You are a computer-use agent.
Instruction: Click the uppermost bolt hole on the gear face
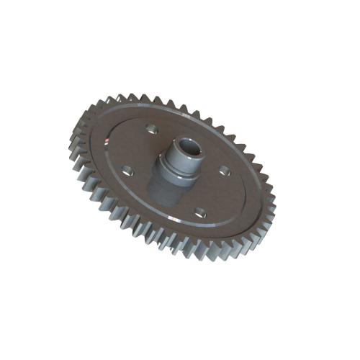[150, 129]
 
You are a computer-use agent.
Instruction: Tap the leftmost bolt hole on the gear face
[127, 171]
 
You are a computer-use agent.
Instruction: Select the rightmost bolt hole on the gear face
[224, 171]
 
